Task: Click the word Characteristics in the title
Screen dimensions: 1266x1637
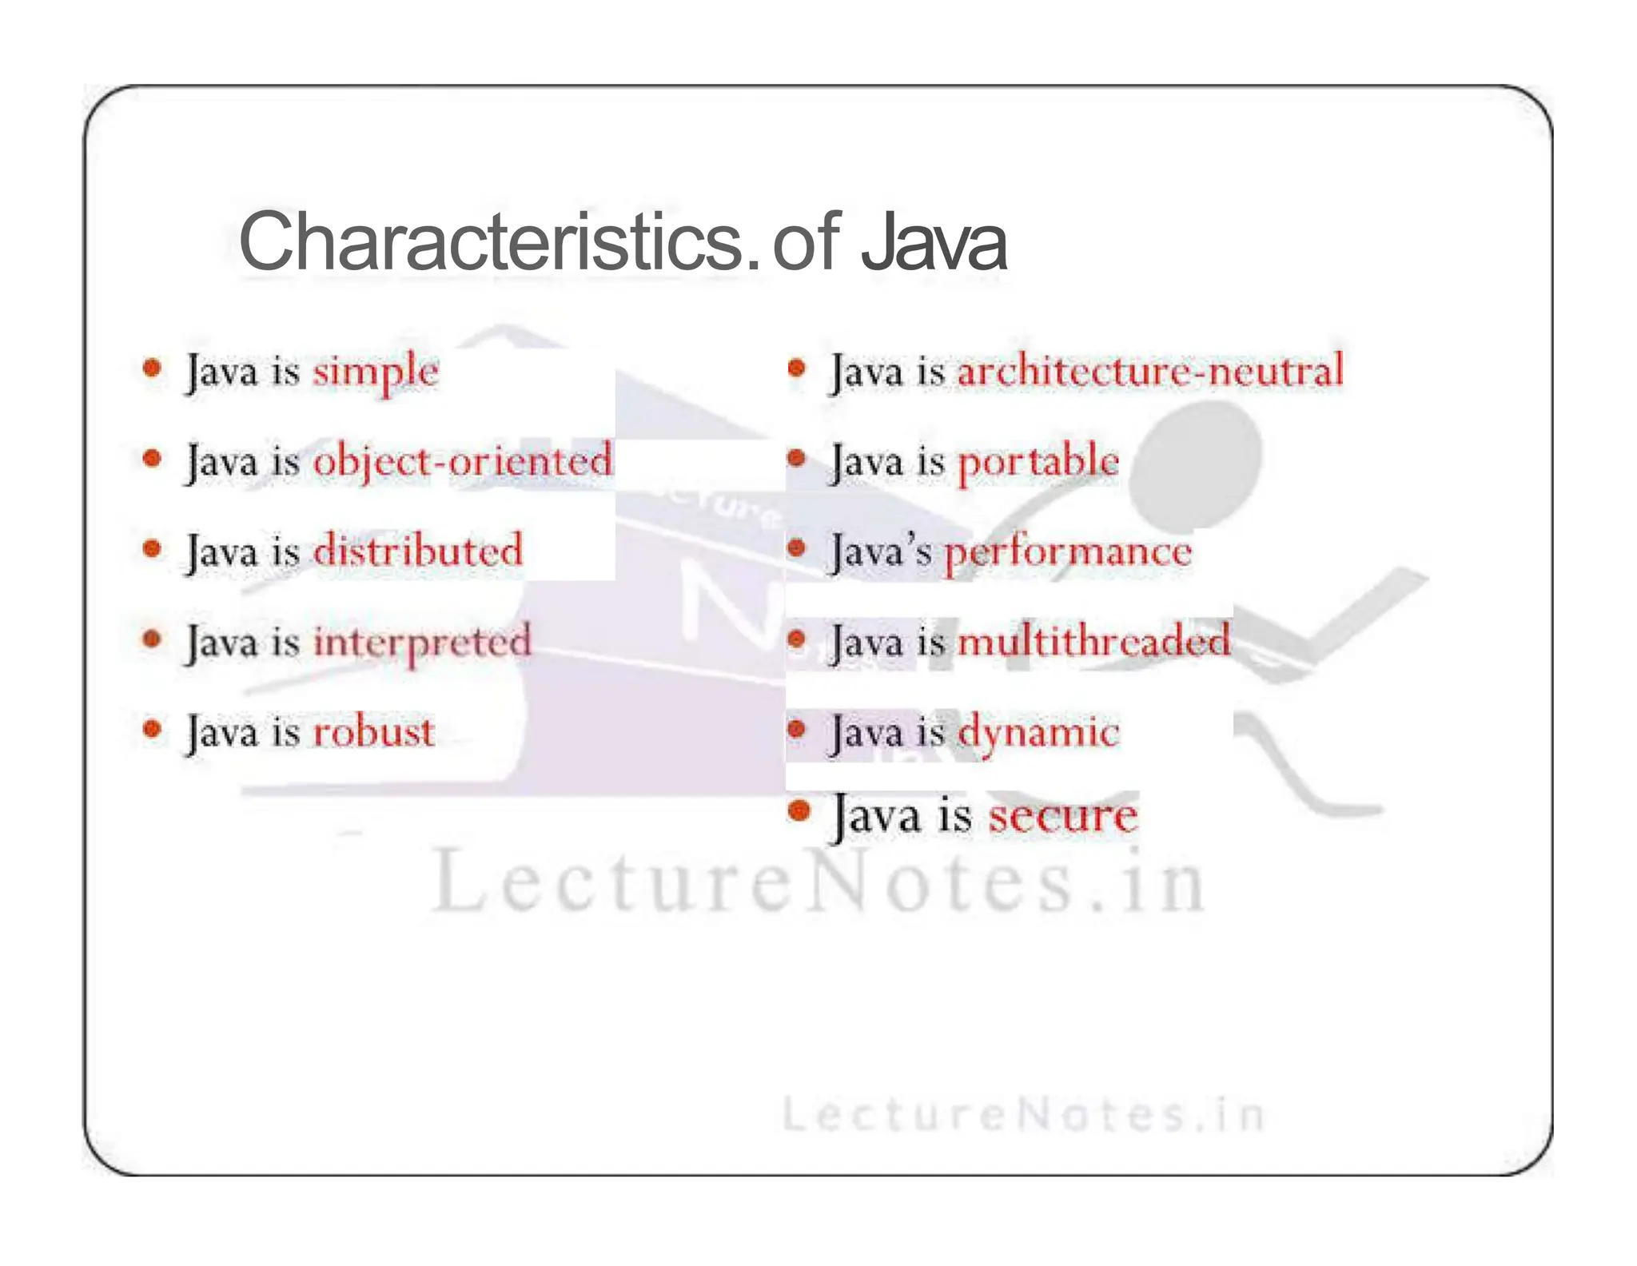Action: pos(492,241)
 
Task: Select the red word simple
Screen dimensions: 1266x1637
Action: pos(375,372)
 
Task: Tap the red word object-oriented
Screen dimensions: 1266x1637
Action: pos(462,462)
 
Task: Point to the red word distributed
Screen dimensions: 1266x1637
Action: pos(417,551)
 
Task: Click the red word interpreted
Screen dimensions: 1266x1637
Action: pos(421,642)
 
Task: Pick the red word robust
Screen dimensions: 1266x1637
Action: pos(373,732)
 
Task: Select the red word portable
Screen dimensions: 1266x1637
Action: pos(1038,462)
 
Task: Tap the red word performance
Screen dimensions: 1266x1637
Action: pos(1068,551)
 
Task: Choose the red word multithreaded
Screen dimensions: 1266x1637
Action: pos(1093,642)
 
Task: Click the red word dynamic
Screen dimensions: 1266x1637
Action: pos(1038,732)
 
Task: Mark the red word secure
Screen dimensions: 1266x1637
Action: pos(1062,816)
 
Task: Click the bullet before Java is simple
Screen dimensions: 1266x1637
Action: pos(152,368)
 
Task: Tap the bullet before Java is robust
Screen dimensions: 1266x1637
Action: pos(152,729)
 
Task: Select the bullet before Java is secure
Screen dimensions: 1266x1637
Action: pos(799,811)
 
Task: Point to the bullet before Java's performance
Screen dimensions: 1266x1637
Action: pos(796,548)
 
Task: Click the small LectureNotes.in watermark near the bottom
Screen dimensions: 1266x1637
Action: pos(1022,1115)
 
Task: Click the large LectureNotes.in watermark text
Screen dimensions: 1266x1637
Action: pos(818,882)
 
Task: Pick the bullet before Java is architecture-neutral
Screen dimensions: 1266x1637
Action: pos(796,368)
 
